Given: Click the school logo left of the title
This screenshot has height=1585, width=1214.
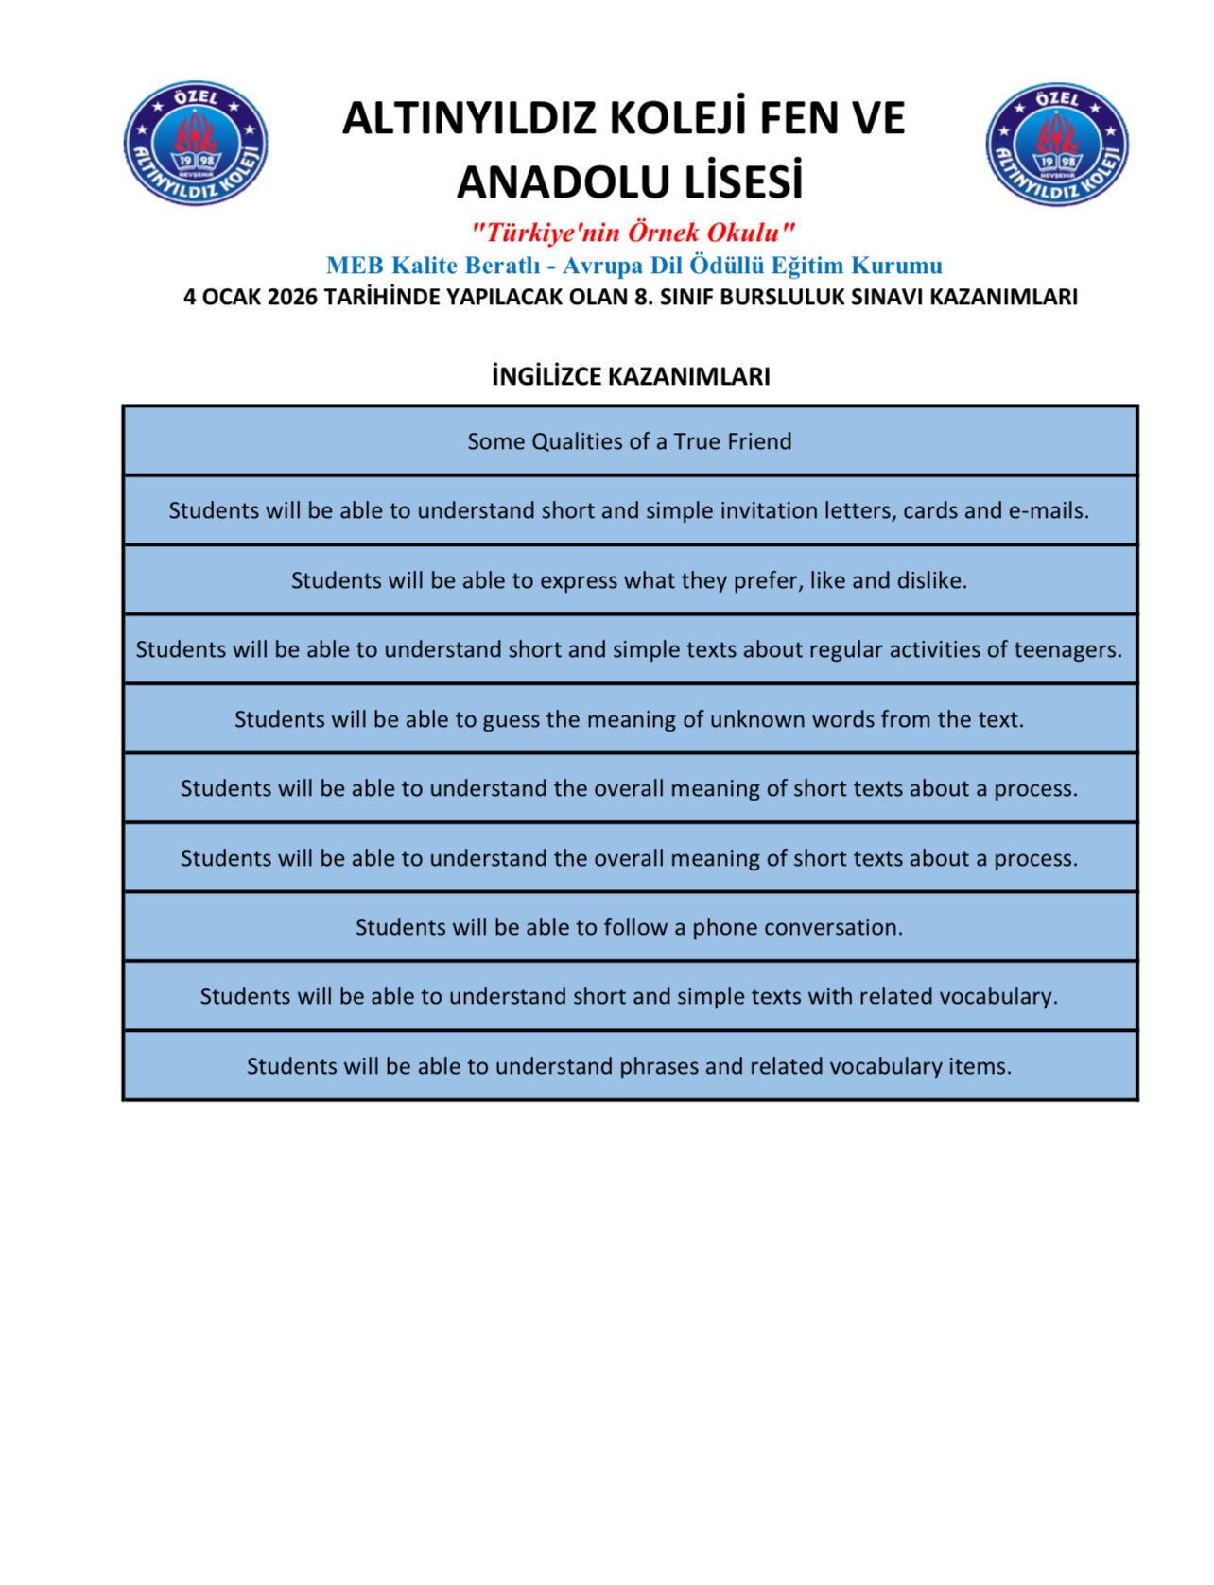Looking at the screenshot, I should point(196,143).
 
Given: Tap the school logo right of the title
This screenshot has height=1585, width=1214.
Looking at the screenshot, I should point(1057,144).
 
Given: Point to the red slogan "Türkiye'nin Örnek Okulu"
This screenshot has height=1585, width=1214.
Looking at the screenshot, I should point(632,233).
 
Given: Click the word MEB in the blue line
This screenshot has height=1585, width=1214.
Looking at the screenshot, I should point(355,266).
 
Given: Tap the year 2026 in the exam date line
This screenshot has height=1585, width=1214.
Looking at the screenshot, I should point(292,297).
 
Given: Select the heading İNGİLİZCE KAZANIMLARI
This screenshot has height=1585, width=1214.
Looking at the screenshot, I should point(631,376).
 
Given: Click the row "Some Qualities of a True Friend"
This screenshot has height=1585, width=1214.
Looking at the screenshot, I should point(630,441).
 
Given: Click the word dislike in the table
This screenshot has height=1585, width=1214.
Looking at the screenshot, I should point(931,580).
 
